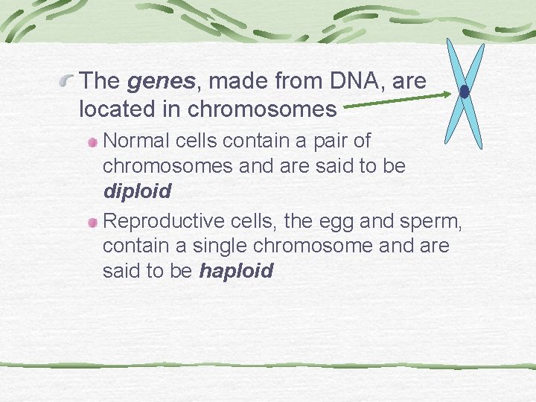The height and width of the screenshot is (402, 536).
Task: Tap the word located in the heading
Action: click(130, 109)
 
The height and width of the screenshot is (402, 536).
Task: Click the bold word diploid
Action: click(137, 191)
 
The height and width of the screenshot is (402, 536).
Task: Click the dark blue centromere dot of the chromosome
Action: click(465, 92)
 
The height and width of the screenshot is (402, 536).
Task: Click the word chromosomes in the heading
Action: click(262, 109)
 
